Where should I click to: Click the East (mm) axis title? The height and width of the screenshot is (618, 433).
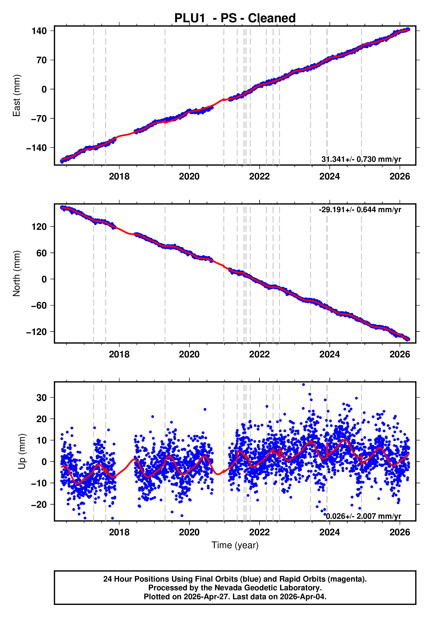(x=17, y=96)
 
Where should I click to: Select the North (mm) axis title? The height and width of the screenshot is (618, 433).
(x=17, y=273)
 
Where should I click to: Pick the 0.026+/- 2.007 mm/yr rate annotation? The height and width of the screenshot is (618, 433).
(x=363, y=516)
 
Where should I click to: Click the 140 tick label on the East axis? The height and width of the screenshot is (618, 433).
(x=39, y=31)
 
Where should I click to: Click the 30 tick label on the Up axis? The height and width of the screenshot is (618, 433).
(x=41, y=398)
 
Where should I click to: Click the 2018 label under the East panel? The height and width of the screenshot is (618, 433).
(x=119, y=177)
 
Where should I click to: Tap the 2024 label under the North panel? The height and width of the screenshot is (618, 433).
(x=329, y=355)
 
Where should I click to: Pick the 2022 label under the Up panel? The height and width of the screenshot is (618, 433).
(x=259, y=532)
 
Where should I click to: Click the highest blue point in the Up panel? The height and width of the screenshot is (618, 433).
(x=303, y=385)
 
